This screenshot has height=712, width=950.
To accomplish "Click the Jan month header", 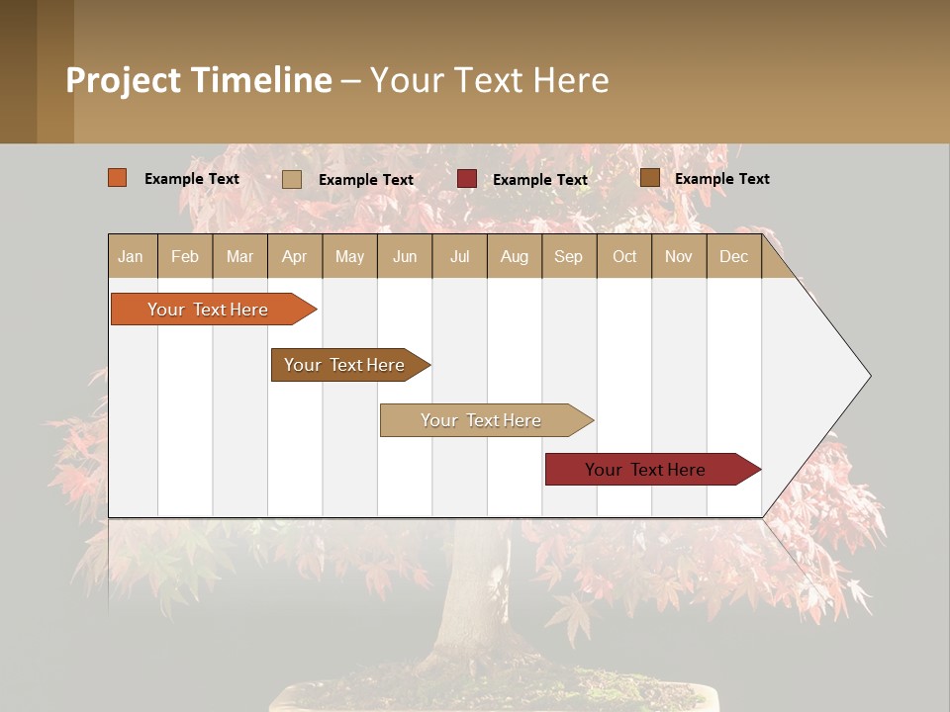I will point(131,256).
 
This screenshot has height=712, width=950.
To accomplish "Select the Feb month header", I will point(185,256).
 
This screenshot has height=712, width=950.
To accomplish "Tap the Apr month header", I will point(294,256).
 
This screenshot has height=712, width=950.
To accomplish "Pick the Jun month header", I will point(405,256).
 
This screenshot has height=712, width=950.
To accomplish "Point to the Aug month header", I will point(514,256).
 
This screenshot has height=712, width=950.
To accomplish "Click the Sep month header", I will point(568,256).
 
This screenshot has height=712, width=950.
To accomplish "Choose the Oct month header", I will point(624,256).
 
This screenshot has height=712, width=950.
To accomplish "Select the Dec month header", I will point(733,256).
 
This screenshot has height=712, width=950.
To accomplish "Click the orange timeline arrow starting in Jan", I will point(208,310).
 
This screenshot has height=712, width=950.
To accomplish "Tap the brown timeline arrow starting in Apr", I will point(344,365).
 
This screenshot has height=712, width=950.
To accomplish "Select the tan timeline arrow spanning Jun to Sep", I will point(481,420).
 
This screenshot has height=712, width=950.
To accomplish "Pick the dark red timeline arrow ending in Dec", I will point(645,470).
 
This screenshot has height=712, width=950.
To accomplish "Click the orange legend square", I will point(118,178).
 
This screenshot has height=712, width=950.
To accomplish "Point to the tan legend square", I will point(292,179).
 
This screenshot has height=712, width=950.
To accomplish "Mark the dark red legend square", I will point(467,179).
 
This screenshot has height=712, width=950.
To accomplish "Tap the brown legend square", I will point(649,178).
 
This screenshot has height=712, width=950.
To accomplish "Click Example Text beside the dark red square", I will point(540,179).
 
